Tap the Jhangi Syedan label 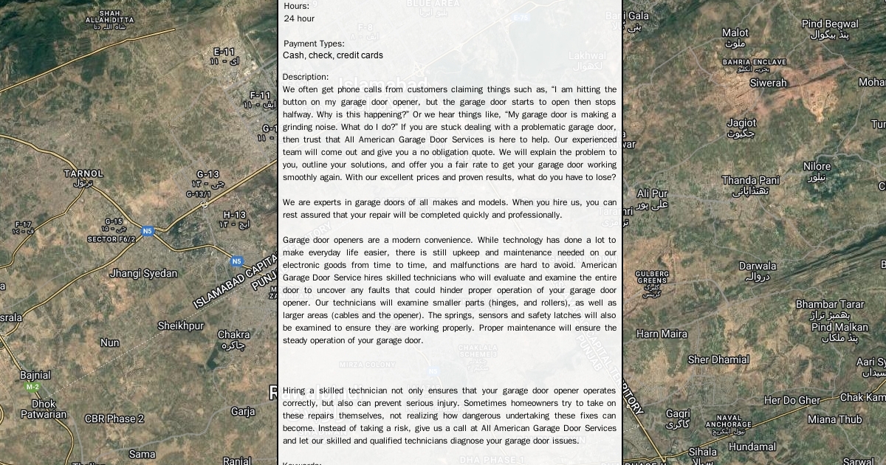(143, 273)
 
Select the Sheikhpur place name (180, 325)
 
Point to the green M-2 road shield (32, 387)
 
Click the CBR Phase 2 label (114, 418)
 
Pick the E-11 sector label (224, 52)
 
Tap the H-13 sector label (235, 215)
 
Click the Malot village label (735, 32)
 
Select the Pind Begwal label (830, 24)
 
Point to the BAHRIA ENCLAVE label (754, 62)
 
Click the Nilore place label (817, 167)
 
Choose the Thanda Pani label (750, 180)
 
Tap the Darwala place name (758, 266)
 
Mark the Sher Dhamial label (718, 359)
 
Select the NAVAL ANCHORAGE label (728, 421)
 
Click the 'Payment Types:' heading (314, 44)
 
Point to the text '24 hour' (299, 18)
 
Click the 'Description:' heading (306, 77)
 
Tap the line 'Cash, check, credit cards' (333, 55)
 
